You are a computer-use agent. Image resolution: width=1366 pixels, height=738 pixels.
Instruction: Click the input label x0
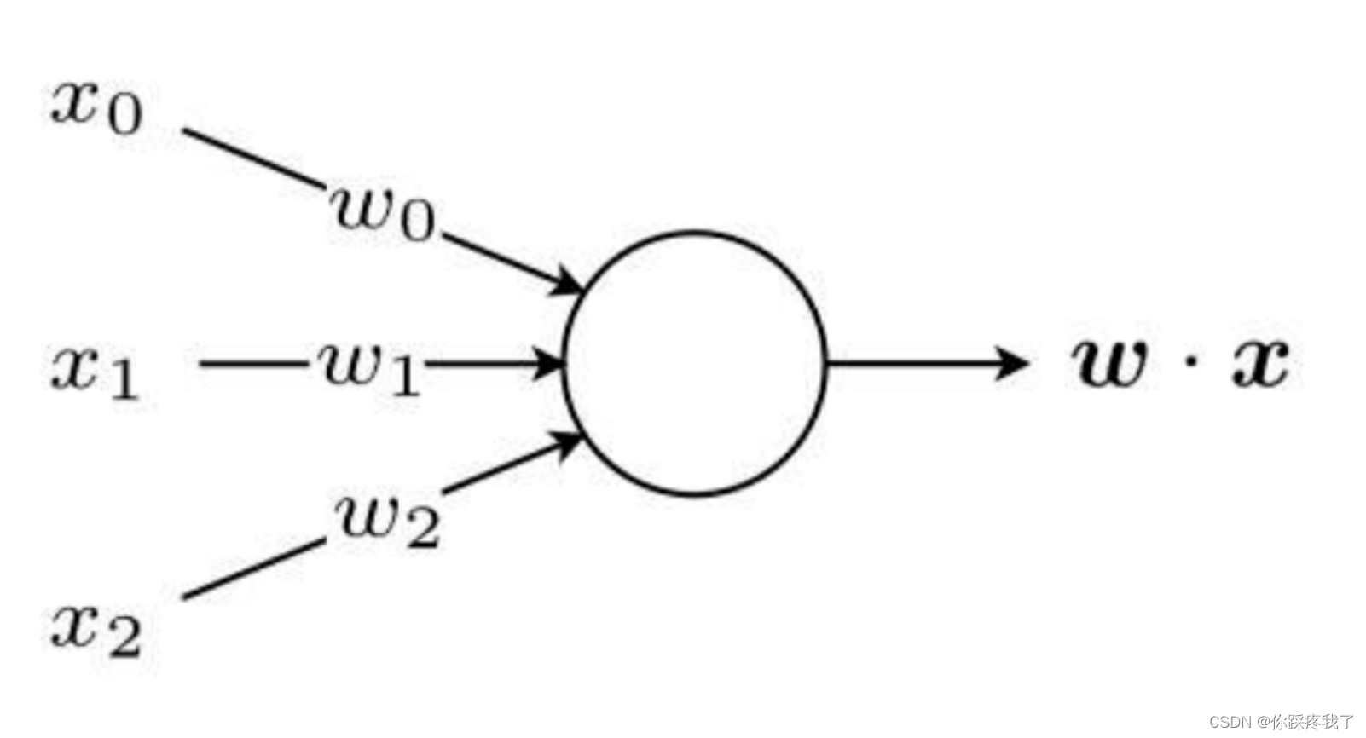pyautogui.click(x=96, y=107)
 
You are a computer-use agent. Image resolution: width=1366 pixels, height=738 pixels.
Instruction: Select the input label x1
pyautogui.click(x=95, y=371)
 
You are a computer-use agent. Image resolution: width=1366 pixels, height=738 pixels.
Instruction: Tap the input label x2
pyautogui.click(x=96, y=630)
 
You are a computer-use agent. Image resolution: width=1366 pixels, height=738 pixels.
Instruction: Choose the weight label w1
pyautogui.click(x=369, y=368)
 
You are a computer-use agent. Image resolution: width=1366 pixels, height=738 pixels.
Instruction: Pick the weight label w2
pyautogui.click(x=389, y=518)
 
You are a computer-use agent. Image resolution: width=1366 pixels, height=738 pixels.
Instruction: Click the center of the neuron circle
pyautogui.click(x=695, y=364)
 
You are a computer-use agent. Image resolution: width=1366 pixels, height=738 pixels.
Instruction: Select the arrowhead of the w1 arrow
pyautogui.click(x=548, y=364)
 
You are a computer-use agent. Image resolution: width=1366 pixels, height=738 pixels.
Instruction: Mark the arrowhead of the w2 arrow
pyautogui.click(x=567, y=444)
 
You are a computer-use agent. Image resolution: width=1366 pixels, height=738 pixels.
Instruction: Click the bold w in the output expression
pyautogui.click(x=1108, y=362)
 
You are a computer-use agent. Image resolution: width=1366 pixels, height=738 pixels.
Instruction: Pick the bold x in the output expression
pyautogui.click(x=1259, y=362)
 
